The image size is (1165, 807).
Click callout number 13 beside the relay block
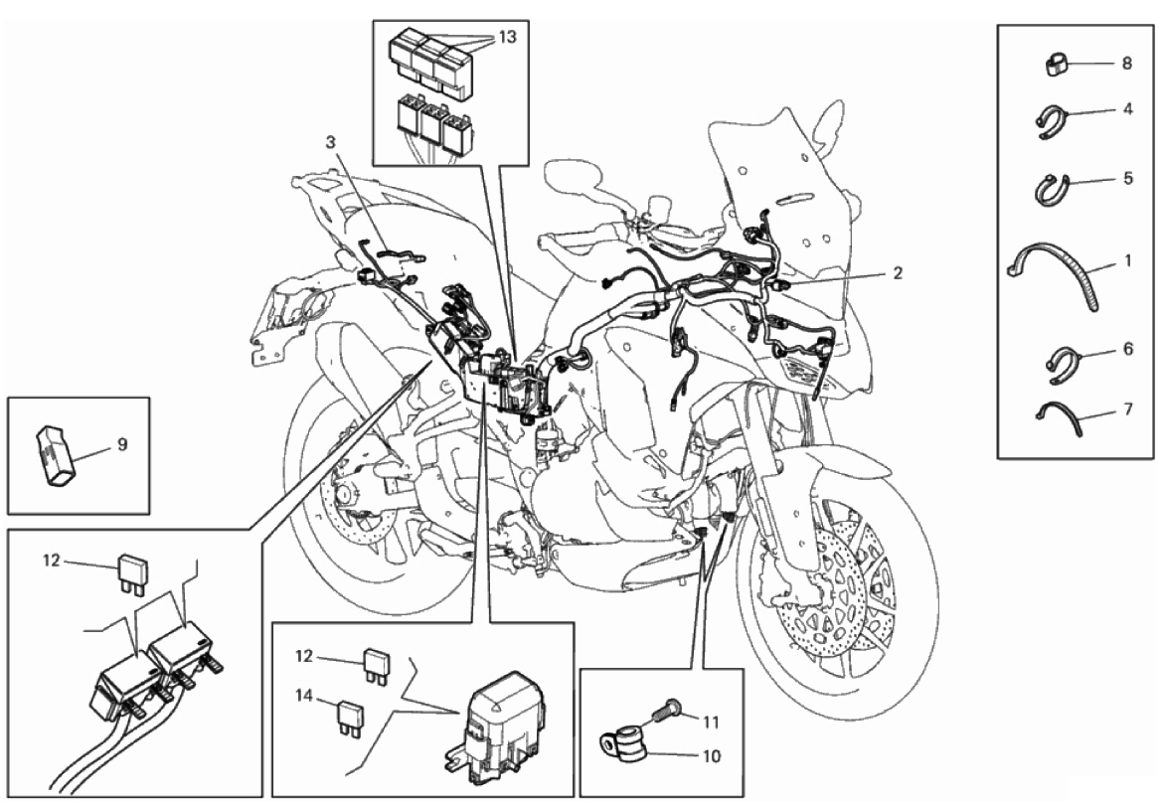tap(507, 37)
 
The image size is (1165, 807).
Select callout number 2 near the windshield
tap(898, 273)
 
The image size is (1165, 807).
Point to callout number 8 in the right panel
tap(1127, 64)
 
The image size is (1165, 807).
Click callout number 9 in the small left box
tap(122, 444)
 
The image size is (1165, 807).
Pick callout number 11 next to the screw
tap(711, 722)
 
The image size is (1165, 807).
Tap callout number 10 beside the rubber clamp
tap(711, 756)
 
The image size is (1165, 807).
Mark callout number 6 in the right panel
tap(1128, 348)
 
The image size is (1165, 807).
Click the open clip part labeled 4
tap(1052, 122)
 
